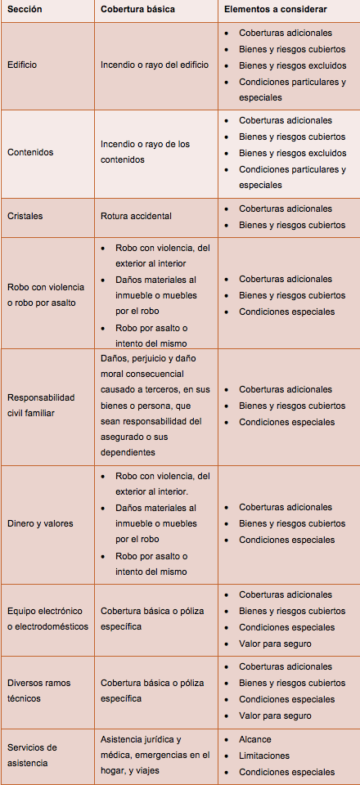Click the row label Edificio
tap(22, 65)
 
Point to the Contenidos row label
tap(30, 152)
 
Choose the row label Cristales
tap(25, 216)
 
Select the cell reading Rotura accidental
tap(136, 216)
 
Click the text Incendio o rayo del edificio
tap(155, 65)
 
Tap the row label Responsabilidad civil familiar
tap(41, 405)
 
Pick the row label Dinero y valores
tap(39, 523)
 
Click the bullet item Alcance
tap(255, 739)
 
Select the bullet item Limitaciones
tap(264, 756)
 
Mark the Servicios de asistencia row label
tap(32, 755)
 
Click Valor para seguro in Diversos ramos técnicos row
tap(275, 715)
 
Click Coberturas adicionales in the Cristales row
tap(286, 209)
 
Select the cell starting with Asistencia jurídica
tap(155, 755)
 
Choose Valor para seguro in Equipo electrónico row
tap(275, 644)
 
